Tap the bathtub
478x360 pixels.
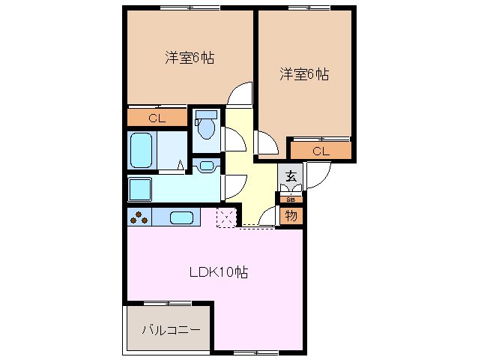[x=141, y=150]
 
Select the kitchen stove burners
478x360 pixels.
[x=139, y=218]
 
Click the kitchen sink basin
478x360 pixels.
[x=183, y=218]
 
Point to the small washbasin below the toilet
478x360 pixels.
[x=206, y=164]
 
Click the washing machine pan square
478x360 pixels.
[x=140, y=189]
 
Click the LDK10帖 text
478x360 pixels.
[x=218, y=273]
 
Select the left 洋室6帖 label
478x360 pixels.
[x=190, y=58]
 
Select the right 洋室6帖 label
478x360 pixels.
[x=305, y=74]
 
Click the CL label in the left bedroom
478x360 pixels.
[x=157, y=118]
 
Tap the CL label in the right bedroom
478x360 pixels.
[x=321, y=151]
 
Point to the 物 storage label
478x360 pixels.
[x=291, y=216]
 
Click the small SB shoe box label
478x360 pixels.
[x=291, y=199]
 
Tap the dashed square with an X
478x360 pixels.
[x=226, y=217]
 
